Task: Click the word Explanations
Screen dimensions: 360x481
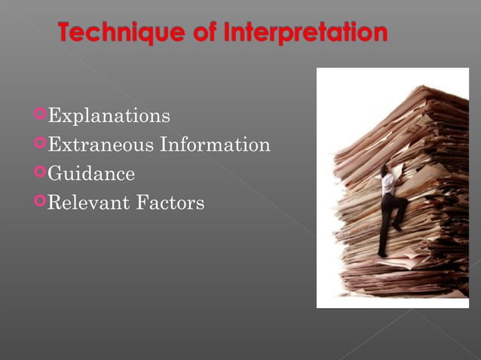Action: [109, 117]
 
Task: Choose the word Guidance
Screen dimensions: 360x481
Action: [91, 174]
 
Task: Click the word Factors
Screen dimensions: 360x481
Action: [173, 203]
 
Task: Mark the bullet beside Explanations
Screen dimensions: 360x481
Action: [39, 115]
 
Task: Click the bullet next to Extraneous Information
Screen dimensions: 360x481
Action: [39, 144]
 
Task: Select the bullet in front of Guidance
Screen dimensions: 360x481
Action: [39, 172]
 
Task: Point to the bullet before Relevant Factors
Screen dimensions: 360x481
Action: [39, 201]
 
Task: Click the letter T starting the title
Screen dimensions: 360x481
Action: [66, 33]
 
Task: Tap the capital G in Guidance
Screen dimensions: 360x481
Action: [55, 174]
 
